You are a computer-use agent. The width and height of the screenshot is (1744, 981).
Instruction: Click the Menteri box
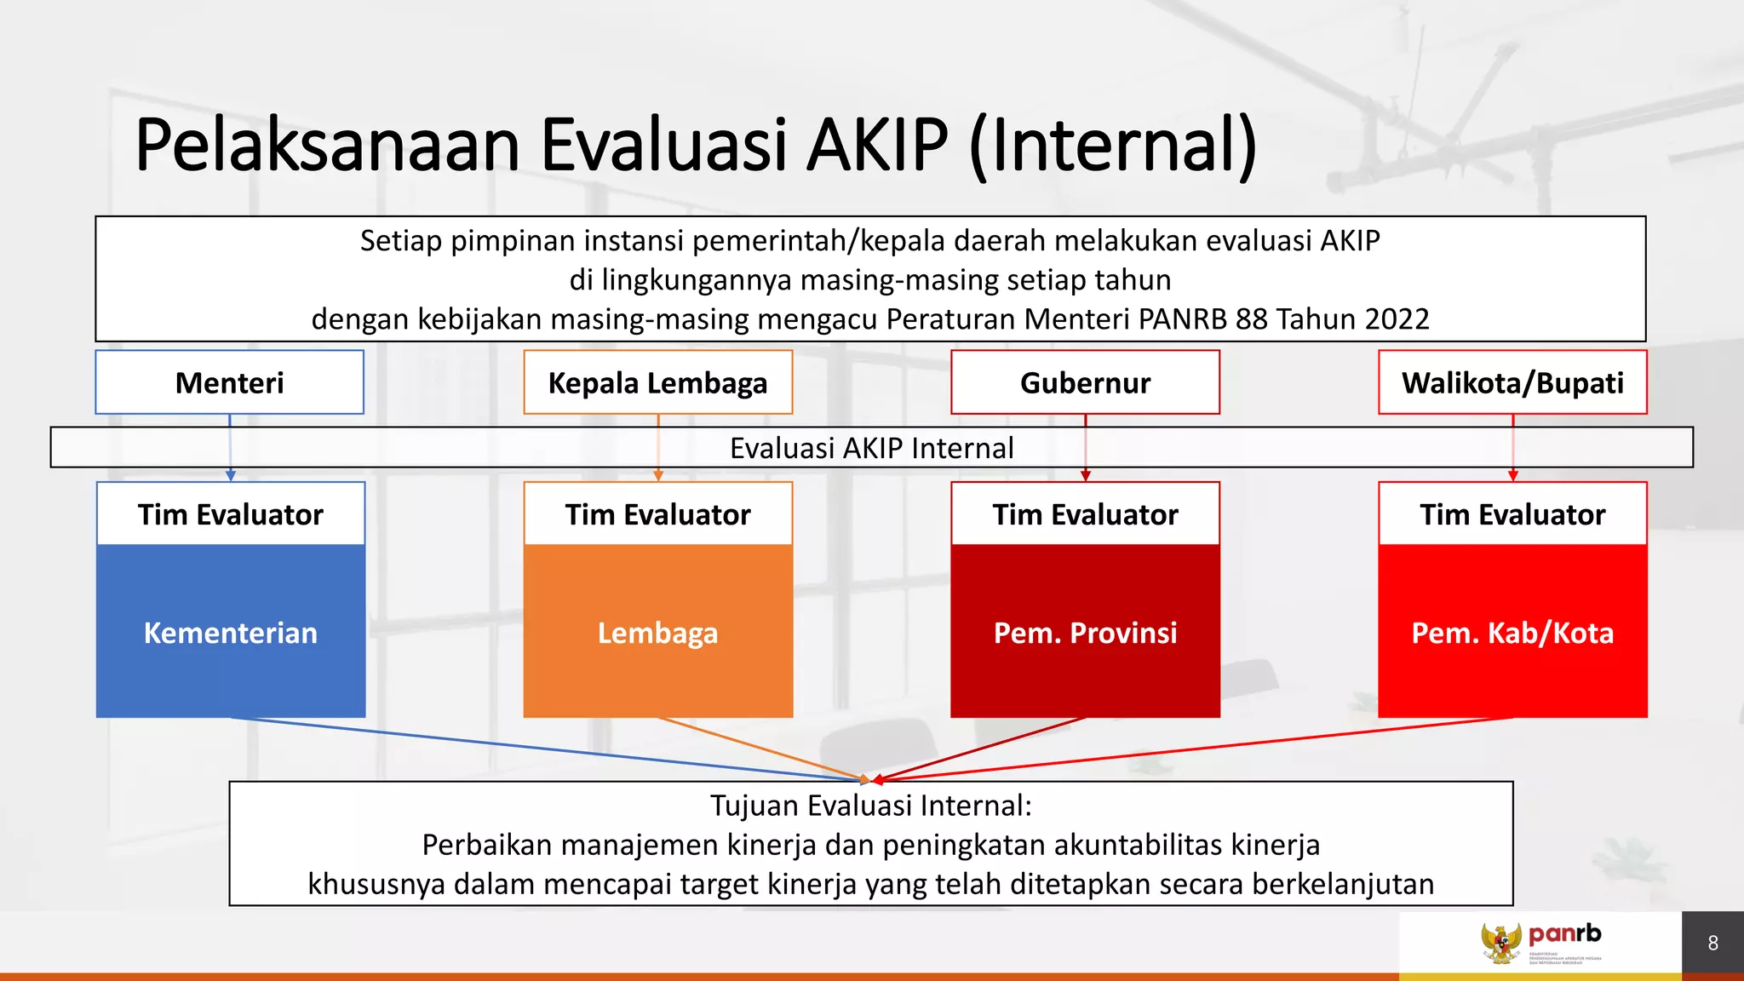(229, 382)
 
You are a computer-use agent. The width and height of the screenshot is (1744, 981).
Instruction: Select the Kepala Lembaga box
(657, 382)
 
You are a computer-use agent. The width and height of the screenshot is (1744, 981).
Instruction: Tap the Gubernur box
(1085, 382)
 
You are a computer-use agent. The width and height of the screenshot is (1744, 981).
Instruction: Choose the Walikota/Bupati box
(1512, 382)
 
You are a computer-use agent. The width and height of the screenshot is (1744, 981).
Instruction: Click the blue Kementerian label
(230, 633)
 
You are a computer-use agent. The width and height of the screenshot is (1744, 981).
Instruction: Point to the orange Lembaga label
(657, 633)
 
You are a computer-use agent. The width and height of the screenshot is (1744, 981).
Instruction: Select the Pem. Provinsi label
(1085, 633)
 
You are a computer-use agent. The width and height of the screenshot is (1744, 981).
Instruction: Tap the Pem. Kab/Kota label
(1512, 633)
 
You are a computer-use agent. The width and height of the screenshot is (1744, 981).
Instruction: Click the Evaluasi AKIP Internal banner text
(871, 448)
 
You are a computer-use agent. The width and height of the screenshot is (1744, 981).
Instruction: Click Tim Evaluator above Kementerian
(230, 514)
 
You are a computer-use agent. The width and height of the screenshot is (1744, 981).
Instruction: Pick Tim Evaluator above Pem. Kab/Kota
(1512, 514)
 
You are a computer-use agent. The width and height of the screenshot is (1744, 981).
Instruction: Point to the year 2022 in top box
(1397, 319)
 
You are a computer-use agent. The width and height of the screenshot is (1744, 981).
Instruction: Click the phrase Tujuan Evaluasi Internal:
(870, 806)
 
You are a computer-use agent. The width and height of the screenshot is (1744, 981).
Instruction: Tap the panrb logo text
(1564, 933)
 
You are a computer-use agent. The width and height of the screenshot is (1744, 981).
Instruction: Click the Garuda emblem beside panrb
(1500, 944)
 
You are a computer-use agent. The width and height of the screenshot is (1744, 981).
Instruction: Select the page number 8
(1712, 944)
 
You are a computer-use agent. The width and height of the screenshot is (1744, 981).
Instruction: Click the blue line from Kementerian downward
(545, 749)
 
